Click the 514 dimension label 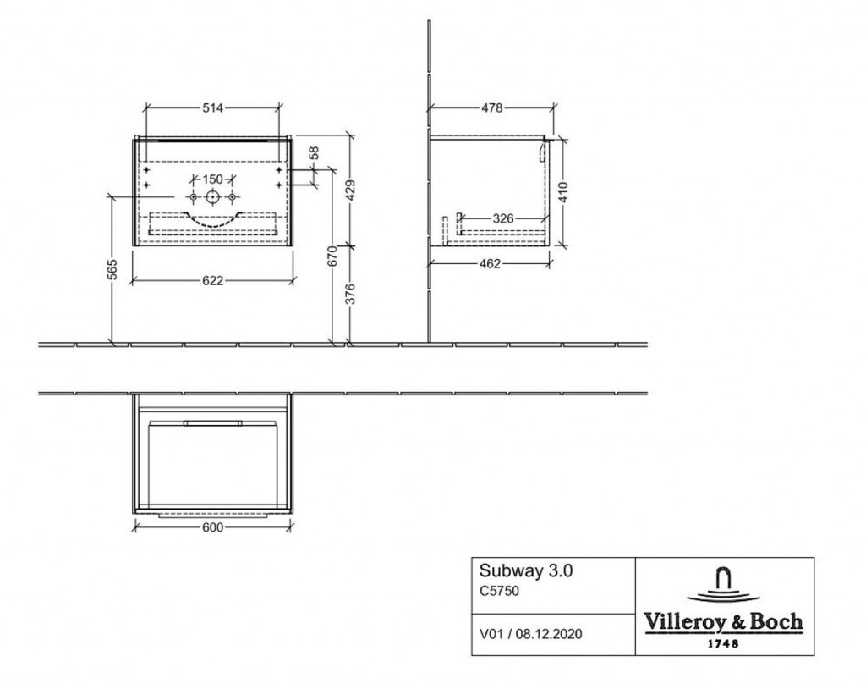point(212,107)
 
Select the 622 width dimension point(212,281)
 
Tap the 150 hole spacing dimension point(212,179)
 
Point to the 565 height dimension point(112,270)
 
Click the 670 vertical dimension point(332,256)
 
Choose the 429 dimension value point(350,190)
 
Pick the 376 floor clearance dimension point(350,294)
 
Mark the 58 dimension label point(314,153)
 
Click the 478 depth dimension point(491,107)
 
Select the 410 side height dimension point(563,192)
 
